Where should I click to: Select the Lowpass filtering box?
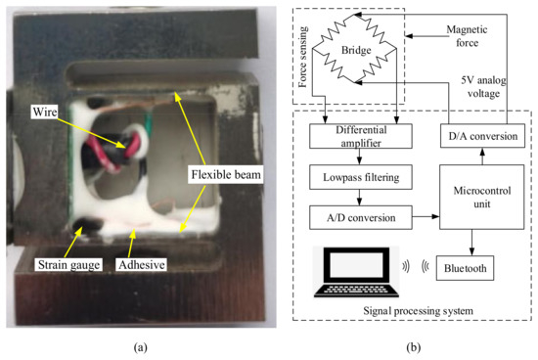[x=354, y=179]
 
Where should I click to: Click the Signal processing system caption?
[x=417, y=311]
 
